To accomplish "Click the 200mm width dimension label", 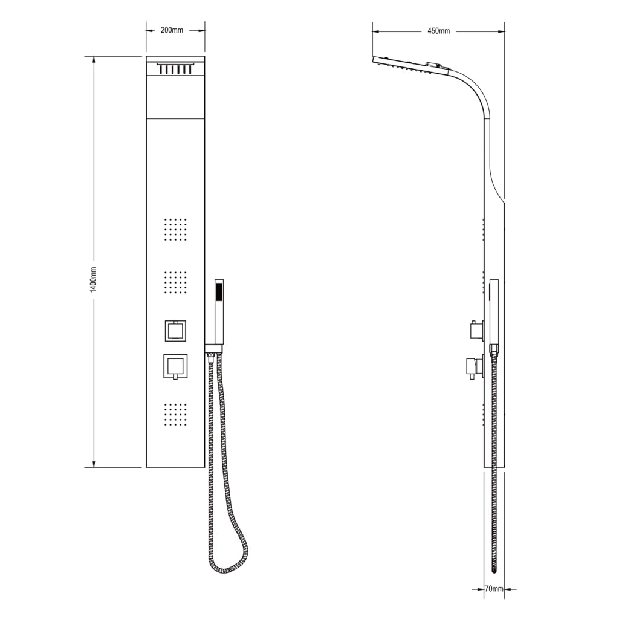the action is tap(172, 30).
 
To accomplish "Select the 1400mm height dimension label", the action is tap(93, 279).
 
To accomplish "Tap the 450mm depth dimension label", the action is tap(439, 31).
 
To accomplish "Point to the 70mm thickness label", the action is tap(494, 589).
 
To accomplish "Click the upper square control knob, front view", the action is tap(176, 331).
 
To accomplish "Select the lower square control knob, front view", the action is tap(175, 366).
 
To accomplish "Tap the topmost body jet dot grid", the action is tap(175, 229).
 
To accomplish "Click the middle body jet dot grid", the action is tap(175, 282).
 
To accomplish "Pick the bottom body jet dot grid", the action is tap(175, 414).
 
